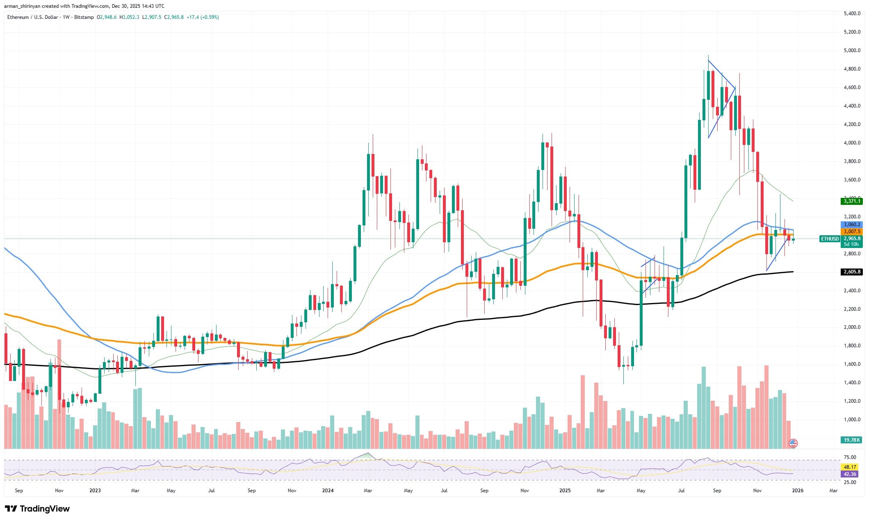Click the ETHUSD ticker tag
click(x=829, y=239)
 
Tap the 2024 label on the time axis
click(x=328, y=490)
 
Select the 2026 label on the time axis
click(x=797, y=490)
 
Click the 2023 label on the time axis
click(x=95, y=490)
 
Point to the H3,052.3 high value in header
click(x=129, y=17)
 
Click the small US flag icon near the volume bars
click(x=793, y=443)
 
